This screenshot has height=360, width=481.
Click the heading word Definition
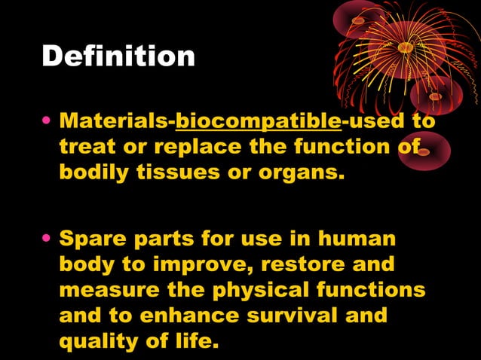tap(118, 57)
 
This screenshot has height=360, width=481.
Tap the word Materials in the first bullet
tap(116, 121)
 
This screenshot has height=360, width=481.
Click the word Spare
tap(91, 239)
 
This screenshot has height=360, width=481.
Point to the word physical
tap(273, 291)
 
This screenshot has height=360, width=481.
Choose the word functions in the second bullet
tap(379, 291)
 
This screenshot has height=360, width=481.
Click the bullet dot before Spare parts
tap(48, 240)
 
